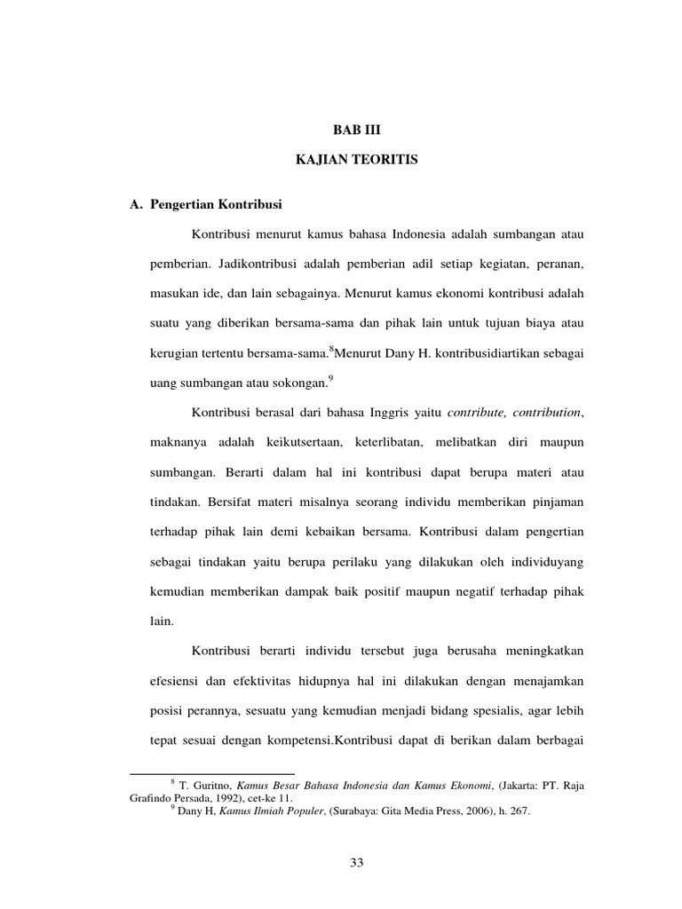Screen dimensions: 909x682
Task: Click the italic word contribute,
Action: tap(480, 412)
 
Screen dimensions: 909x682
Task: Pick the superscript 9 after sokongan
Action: tap(331, 378)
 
